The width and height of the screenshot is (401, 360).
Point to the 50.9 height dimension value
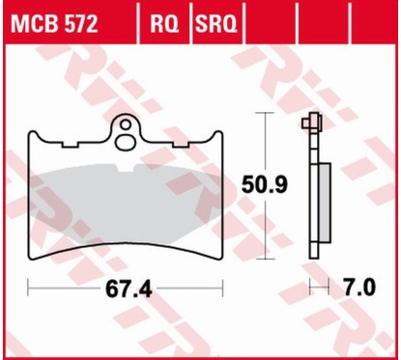(x=262, y=181)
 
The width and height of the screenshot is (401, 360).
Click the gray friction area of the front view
(x=126, y=193)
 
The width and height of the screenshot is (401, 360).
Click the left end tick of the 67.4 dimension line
(x=29, y=287)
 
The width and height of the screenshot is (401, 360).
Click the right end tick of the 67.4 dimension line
(x=223, y=287)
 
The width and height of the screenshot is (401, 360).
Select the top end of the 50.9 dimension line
(x=262, y=114)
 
